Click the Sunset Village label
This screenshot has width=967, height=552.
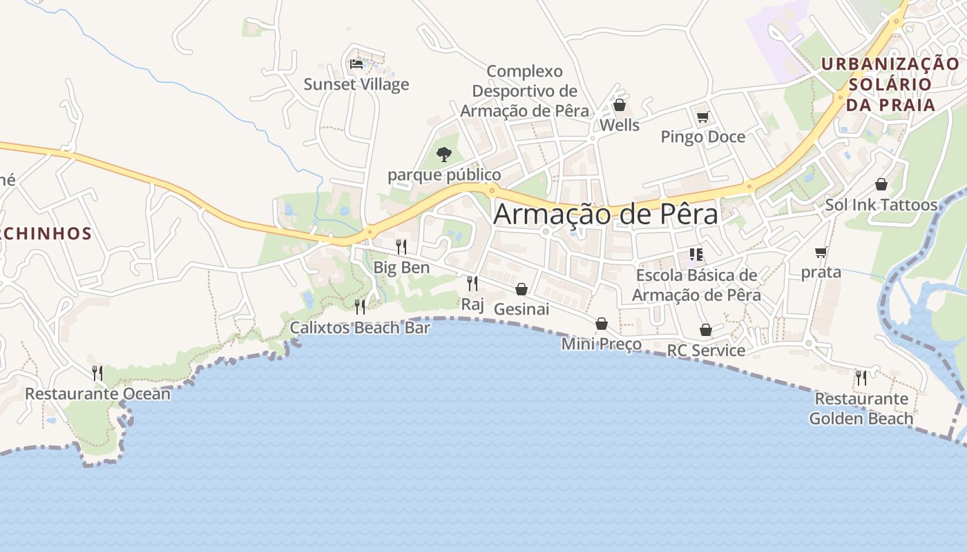coord(356,84)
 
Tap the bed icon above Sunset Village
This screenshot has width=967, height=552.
coord(356,64)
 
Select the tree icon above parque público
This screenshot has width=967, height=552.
coord(444,154)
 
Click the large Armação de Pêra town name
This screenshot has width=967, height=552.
coord(606,215)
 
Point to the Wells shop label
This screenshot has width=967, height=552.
coord(619,125)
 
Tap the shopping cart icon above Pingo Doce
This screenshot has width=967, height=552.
coord(702,117)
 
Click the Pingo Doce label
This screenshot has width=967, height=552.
coord(702,137)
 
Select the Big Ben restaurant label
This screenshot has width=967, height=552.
coord(401,267)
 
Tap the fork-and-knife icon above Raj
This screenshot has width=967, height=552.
coord(472,283)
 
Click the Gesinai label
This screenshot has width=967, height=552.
coord(521,309)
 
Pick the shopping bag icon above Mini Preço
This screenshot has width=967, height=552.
coord(602,324)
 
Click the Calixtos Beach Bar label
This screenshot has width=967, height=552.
coord(360,327)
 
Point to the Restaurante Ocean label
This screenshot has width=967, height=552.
coord(97,393)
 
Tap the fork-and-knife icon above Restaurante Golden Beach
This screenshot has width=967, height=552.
coord(861,377)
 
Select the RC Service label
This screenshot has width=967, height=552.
coord(705,350)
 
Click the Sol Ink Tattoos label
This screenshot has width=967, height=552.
coord(881,205)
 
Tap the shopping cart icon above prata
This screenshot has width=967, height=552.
coord(821,253)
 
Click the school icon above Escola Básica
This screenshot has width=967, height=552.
coord(696,255)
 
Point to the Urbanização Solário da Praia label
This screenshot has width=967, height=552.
coord(890,84)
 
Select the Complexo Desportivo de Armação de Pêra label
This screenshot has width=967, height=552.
coord(525,91)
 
